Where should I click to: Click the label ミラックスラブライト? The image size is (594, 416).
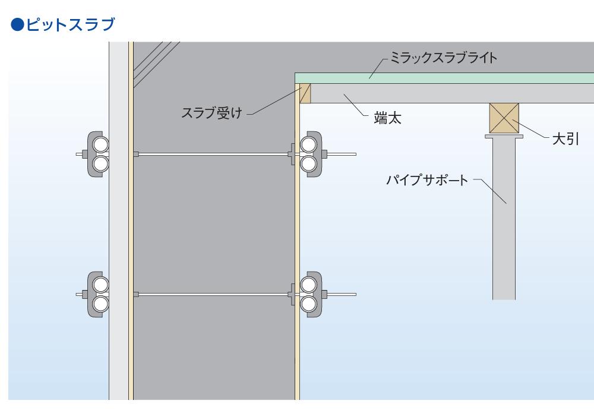pyautogui.click(x=443, y=58)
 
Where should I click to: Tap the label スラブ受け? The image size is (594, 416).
pyautogui.click(x=211, y=113)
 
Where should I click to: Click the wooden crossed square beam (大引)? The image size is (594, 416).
pyautogui.click(x=504, y=118)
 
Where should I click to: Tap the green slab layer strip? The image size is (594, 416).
pyautogui.click(x=445, y=78)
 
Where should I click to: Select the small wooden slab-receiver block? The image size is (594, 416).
pyautogui.click(x=305, y=94)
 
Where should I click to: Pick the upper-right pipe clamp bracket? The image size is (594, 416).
pyautogui.click(x=309, y=154)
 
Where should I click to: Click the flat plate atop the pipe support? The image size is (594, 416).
pyautogui.click(x=504, y=136)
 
